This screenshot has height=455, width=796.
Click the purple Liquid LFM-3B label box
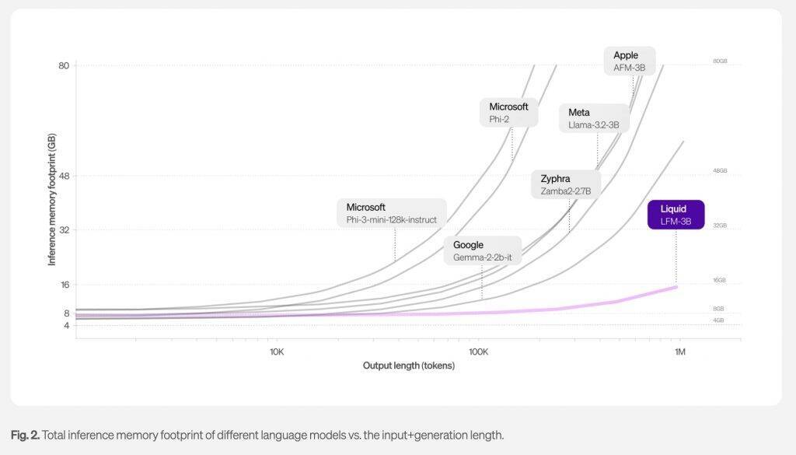coord(676,215)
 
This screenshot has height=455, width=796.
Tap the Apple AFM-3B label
coord(630,61)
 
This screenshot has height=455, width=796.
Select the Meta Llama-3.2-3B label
coord(594,118)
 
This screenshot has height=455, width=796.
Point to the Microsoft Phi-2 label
coord(509,112)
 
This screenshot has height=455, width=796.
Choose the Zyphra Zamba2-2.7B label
coord(566,184)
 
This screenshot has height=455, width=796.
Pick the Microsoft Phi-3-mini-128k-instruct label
coord(392,213)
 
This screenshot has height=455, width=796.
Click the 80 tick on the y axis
coord(64,65)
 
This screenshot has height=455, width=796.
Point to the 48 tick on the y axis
coord(64,176)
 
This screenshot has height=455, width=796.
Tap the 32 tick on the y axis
coord(64,230)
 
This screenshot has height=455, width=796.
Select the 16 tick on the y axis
coord(64,285)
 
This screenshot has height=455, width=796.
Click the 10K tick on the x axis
coord(276,352)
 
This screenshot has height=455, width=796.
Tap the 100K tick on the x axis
coord(478,352)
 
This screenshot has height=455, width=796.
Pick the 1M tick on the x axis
coord(679,352)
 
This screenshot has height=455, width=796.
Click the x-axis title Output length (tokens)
coord(408,366)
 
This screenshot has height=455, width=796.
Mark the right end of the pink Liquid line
coord(676,287)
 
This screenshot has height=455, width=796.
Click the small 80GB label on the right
coord(719,61)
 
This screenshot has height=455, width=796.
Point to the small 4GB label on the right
coord(719,320)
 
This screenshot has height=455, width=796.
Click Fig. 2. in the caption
coord(26,435)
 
